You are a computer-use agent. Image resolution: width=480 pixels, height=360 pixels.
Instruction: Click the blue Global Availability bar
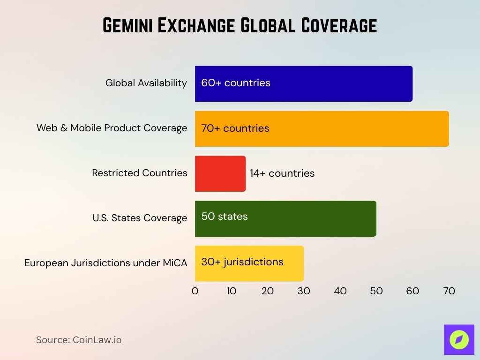(x=328, y=83)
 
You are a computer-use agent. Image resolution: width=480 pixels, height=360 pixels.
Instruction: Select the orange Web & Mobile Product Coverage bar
(x=356, y=128)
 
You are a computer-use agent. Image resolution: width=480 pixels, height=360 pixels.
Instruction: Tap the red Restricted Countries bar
(x=220, y=173)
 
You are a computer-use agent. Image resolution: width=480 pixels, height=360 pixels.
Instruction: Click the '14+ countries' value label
(x=282, y=173)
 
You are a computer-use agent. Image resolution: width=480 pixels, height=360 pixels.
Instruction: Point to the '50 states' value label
(x=225, y=217)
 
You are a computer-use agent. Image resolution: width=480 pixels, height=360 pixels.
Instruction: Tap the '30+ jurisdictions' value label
(x=242, y=262)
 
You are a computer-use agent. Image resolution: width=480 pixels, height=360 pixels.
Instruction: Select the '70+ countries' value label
(x=235, y=128)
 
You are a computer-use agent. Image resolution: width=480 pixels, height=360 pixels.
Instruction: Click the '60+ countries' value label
(x=236, y=83)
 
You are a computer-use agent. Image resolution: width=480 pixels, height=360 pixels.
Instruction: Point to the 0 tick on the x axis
(x=195, y=291)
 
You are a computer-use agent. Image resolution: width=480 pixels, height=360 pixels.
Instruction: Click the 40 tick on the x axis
(x=340, y=291)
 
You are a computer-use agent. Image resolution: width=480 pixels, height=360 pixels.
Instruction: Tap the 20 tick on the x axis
(x=268, y=291)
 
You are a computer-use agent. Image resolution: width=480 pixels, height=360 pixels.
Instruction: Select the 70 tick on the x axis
(x=449, y=291)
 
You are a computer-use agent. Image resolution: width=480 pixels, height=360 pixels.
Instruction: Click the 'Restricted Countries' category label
(x=140, y=173)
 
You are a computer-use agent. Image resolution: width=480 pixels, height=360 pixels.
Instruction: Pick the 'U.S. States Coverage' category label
(x=140, y=218)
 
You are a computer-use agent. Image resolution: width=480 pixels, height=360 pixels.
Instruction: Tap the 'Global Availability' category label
(x=146, y=83)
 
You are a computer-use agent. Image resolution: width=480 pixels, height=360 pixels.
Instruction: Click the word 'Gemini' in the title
(x=127, y=25)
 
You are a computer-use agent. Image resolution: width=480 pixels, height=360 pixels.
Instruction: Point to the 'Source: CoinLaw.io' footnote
(x=79, y=340)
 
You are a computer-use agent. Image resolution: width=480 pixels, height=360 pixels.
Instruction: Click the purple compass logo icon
(x=459, y=339)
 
